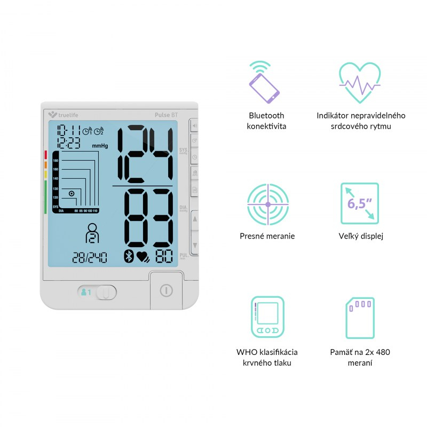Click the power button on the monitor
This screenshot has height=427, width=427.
(x=167, y=290)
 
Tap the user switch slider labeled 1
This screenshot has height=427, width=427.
(x=97, y=292)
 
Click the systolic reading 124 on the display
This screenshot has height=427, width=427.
(x=144, y=154)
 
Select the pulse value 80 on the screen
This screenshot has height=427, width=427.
(x=164, y=257)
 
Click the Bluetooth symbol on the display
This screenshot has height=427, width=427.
(x=128, y=257)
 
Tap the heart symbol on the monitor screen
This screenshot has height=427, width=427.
(x=143, y=257)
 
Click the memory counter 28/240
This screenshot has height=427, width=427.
(x=89, y=258)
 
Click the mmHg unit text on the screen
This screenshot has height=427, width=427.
(x=100, y=145)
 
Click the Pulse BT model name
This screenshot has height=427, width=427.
(x=166, y=114)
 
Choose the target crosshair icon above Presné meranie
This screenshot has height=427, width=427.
(x=267, y=204)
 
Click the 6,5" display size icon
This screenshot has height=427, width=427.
(x=359, y=203)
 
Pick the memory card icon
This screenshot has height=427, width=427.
(x=359, y=318)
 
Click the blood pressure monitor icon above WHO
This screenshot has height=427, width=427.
(x=267, y=318)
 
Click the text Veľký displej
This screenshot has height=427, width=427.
(x=361, y=236)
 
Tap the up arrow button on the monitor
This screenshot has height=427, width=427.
(x=194, y=219)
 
